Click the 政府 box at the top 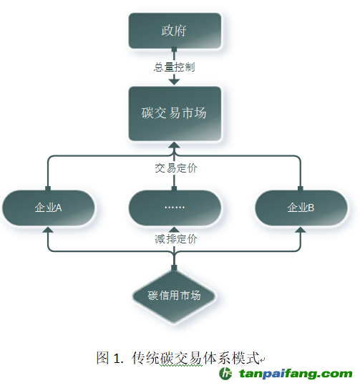click(x=175, y=31)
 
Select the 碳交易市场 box click(x=175, y=114)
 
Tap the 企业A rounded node click(x=49, y=208)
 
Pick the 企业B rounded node click(x=301, y=208)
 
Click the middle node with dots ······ click(x=175, y=208)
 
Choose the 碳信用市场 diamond click(x=174, y=296)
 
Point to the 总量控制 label click(x=174, y=67)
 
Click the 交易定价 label click(x=176, y=168)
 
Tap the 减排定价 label click(x=176, y=239)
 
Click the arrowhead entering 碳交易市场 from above click(x=174, y=82)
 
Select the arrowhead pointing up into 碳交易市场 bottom click(x=174, y=145)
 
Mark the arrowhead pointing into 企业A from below click(x=48, y=230)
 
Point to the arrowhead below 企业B click(x=301, y=230)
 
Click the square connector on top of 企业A click(x=48, y=188)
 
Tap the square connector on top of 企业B click(x=301, y=188)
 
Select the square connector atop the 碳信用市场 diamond click(x=174, y=268)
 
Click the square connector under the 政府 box click(x=174, y=49)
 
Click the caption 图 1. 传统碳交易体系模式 click(x=178, y=358)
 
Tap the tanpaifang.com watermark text click(x=296, y=374)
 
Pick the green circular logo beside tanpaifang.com click(x=225, y=373)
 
